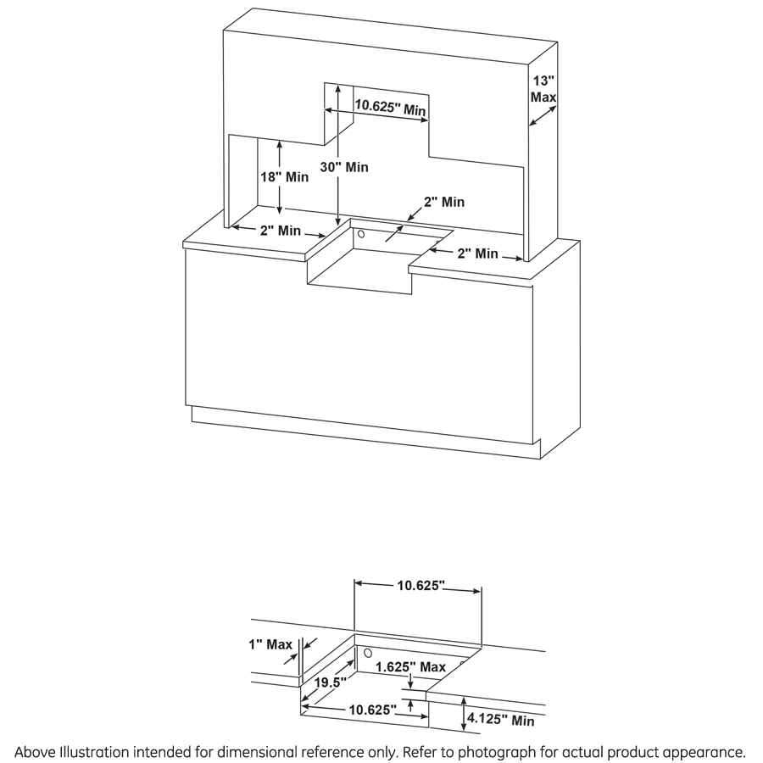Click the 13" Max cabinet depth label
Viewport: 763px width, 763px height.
pyautogui.click(x=543, y=89)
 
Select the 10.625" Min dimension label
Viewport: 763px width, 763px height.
pyautogui.click(x=389, y=108)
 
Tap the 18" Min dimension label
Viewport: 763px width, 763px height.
pyautogui.click(x=283, y=177)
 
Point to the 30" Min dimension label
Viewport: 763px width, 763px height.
pyautogui.click(x=344, y=167)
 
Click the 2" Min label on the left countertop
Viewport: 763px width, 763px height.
pyautogui.click(x=281, y=230)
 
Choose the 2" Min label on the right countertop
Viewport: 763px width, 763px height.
pyautogui.click(x=476, y=253)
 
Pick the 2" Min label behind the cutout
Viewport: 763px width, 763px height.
pyautogui.click(x=444, y=202)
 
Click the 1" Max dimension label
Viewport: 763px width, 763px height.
pyautogui.click(x=270, y=645)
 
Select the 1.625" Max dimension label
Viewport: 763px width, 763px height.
pyautogui.click(x=411, y=667)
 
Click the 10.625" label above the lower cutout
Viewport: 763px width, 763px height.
pyautogui.click(x=421, y=585)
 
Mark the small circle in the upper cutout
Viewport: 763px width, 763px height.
pyautogui.click(x=360, y=233)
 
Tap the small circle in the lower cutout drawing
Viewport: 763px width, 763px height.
pyautogui.click(x=368, y=654)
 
